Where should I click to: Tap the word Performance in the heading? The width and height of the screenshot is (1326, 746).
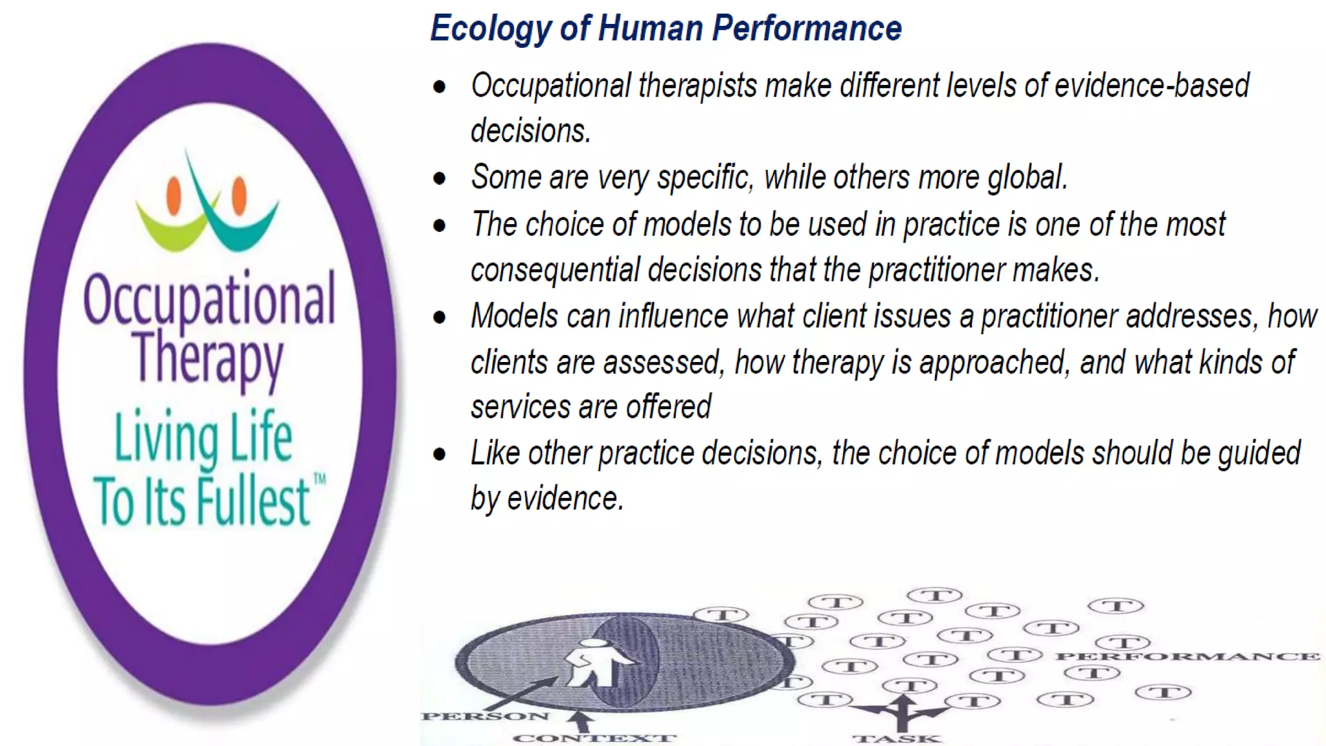(x=807, y=28)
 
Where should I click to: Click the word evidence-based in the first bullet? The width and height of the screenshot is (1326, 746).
(x=1152, y=85)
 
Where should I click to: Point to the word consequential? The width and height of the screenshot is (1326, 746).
(x=555, y=270)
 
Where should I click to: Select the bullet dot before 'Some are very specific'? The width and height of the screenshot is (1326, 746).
(x=440, y=178)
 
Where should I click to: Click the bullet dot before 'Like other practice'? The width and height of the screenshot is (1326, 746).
(x=440, y=454)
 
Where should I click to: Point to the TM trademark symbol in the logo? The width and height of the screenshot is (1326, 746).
(x=320, y=479)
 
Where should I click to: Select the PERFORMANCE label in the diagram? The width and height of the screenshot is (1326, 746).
(x=1187, y=657)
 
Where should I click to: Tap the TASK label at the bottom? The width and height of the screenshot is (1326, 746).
(x=897, y=738)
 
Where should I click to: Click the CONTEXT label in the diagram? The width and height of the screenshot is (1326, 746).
(x=594, y=738)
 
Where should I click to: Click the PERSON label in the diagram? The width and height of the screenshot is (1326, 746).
(x=485, y=716)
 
